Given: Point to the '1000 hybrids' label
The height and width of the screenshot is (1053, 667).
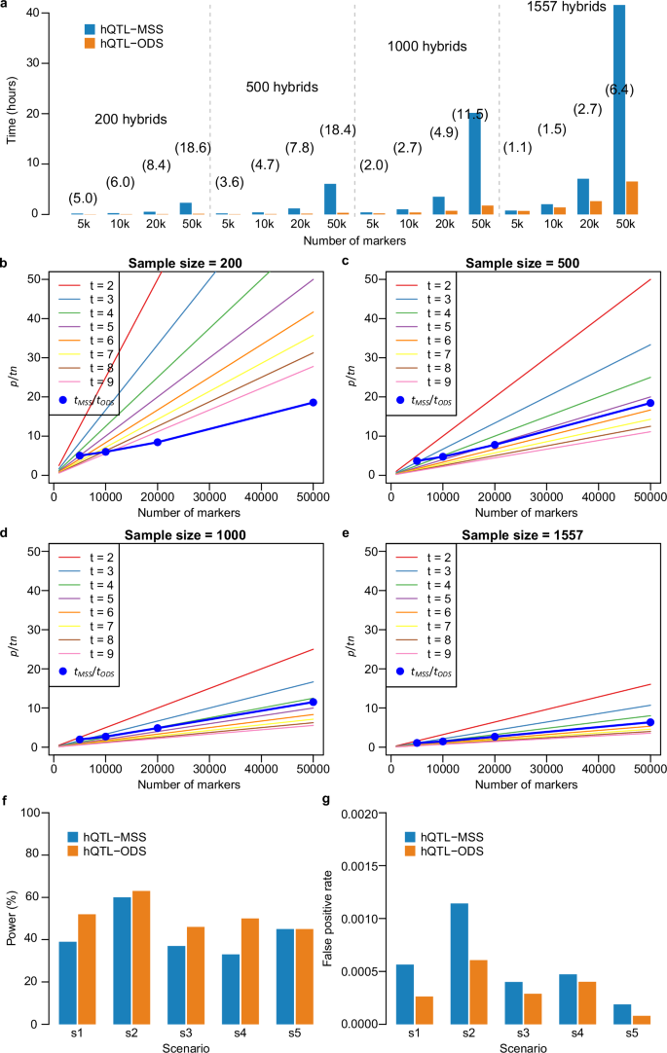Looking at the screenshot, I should pyautogui.click(x=426, y=46).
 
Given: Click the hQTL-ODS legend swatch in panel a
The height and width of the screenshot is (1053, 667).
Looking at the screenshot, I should pyautogui.click(x=91, y=43).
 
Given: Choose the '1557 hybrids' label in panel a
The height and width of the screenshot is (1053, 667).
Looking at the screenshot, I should pyautogui.click(x=567, y=8).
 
